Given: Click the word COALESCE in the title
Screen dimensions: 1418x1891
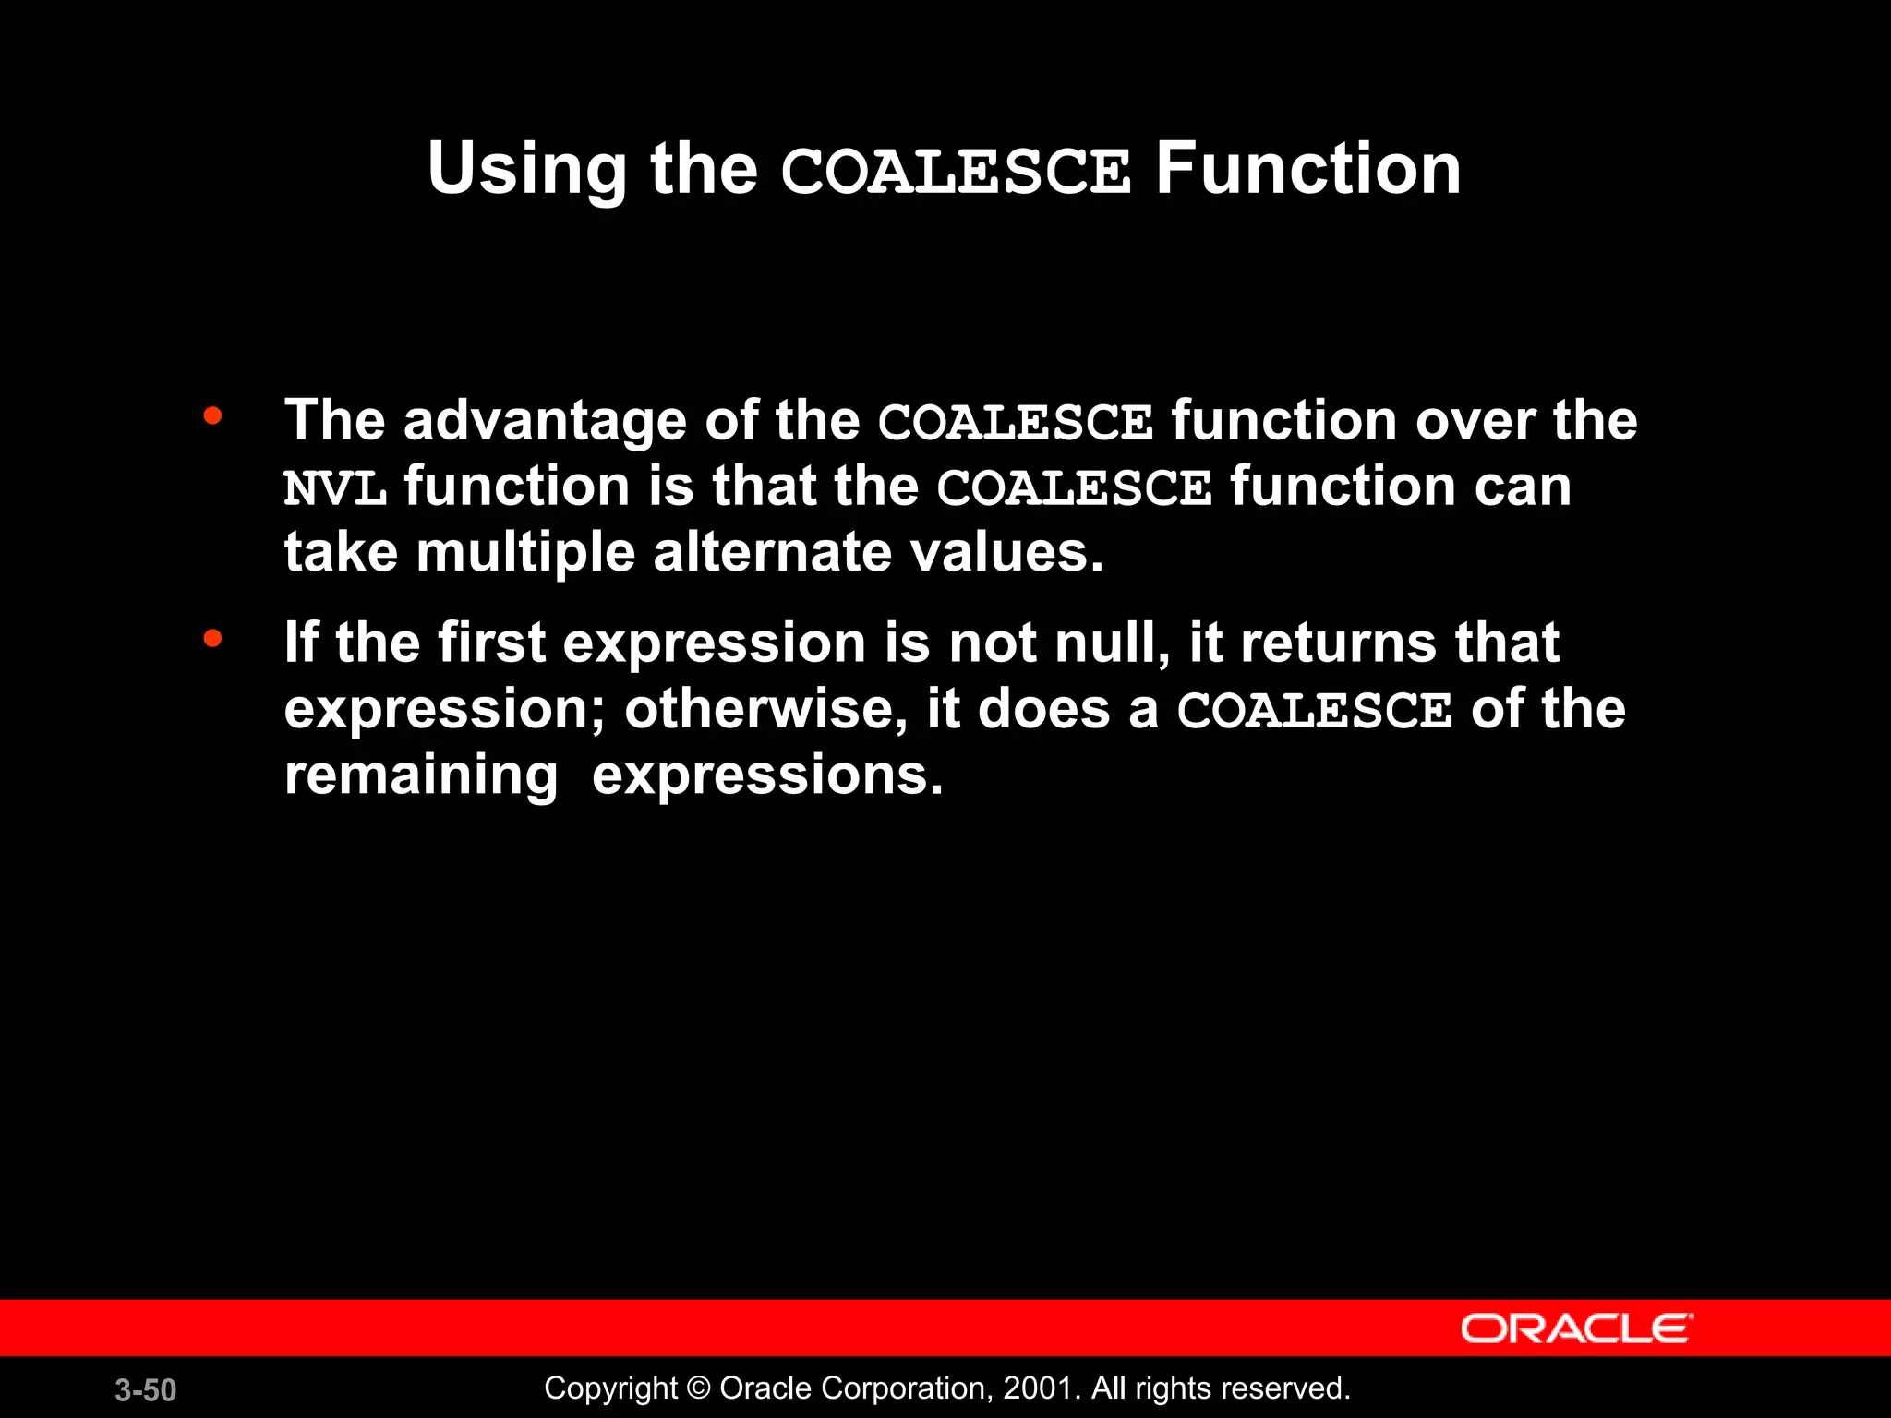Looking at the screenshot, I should (956, 172).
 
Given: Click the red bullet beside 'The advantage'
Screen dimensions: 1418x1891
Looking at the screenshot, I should (213, 416).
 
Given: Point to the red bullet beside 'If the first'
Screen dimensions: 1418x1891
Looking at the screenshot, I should (213, 638).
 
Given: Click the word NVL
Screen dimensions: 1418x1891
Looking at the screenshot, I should (334, 488).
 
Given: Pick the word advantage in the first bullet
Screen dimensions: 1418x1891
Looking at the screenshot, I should (545, 421).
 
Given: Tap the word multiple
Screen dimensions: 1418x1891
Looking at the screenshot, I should (525, 553).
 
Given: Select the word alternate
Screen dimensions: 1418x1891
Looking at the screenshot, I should (771, 552).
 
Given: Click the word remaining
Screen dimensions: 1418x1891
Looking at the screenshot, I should (421, 775).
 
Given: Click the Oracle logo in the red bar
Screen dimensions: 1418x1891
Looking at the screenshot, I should (1576, 1328).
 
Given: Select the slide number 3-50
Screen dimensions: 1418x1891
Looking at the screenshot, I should (146, 1390).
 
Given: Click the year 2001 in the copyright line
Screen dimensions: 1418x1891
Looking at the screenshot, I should (1038, 1388).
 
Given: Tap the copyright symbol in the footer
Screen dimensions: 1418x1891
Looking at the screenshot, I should (699, 1388).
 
